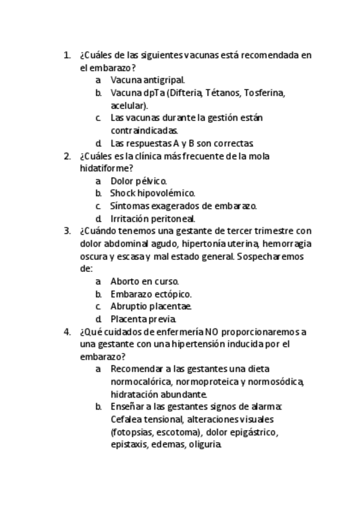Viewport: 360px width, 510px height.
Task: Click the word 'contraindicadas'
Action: [144, 130]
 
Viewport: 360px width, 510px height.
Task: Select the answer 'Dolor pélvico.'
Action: [138, 180]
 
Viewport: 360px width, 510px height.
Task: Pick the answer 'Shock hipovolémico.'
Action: [152, 193]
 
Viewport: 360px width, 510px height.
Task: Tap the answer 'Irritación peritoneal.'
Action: [153, 219]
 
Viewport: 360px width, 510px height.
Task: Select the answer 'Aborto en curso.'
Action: [144, 281]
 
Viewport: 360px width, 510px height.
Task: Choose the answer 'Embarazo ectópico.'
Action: [151, 294]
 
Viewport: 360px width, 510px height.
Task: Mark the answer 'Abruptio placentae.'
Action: [151, 306]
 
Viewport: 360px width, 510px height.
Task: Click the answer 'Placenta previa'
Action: [143, 319]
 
